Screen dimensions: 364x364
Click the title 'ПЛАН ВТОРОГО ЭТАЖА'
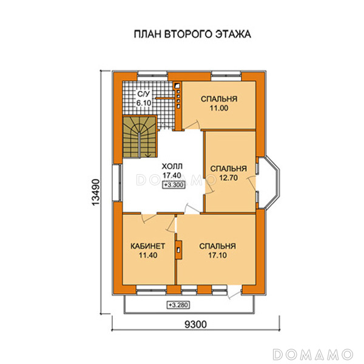point(192,34)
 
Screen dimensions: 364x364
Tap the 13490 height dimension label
point(96,192)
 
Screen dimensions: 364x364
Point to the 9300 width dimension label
point(195,325)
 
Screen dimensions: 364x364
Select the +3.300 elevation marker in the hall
point(174,185)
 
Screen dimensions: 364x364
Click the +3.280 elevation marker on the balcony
point(178,305)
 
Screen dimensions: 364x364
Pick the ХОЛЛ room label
point(172,166)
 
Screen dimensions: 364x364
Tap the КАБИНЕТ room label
point(147,246)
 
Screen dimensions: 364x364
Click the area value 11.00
point(219,108)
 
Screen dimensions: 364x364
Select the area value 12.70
point(229,178)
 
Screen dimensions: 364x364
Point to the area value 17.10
point(218,255)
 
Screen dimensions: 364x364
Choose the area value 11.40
point(148,255)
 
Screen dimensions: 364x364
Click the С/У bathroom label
point(144,94)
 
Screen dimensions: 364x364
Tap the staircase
point(140,137)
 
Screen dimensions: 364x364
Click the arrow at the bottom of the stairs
point(147,155)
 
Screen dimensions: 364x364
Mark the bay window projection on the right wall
point(272,183)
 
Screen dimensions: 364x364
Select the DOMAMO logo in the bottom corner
point(313,354)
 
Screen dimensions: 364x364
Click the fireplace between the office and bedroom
point(178,250)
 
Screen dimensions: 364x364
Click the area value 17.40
point(172,175)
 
